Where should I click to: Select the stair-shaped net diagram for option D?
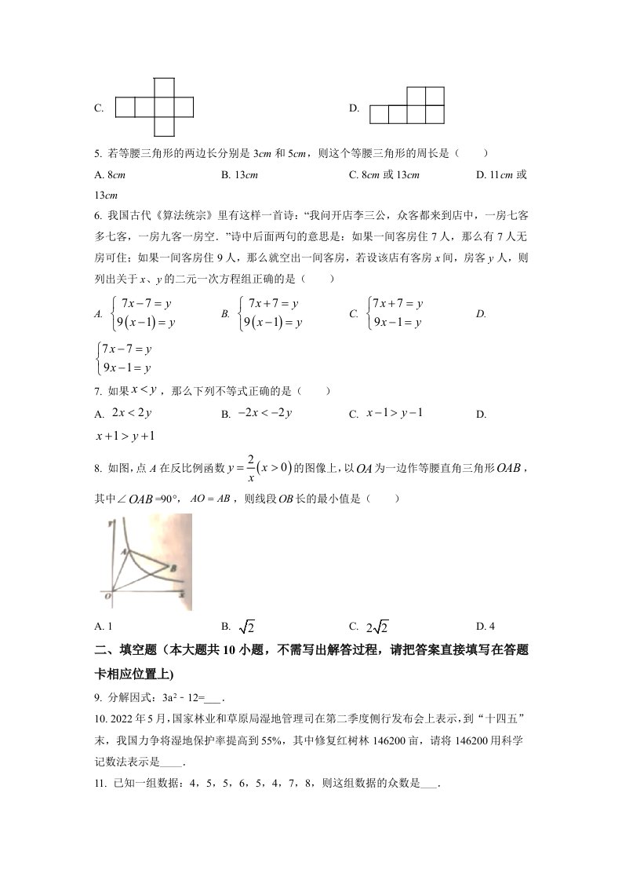pyautogui.click(x=407, y=106)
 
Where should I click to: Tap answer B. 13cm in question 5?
pyautogui.click(x=240, y=175)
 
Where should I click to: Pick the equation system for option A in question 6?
pyautogui.click(x=141, y=313)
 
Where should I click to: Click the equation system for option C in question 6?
pyautogui.click(x=396, y=313)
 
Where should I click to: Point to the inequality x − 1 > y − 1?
pyautogui.click(x=395, y=413)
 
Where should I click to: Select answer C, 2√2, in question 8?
pyautogui.click(x=378, y=627)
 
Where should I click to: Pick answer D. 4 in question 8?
pyautogui.click(x=486, y=626)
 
